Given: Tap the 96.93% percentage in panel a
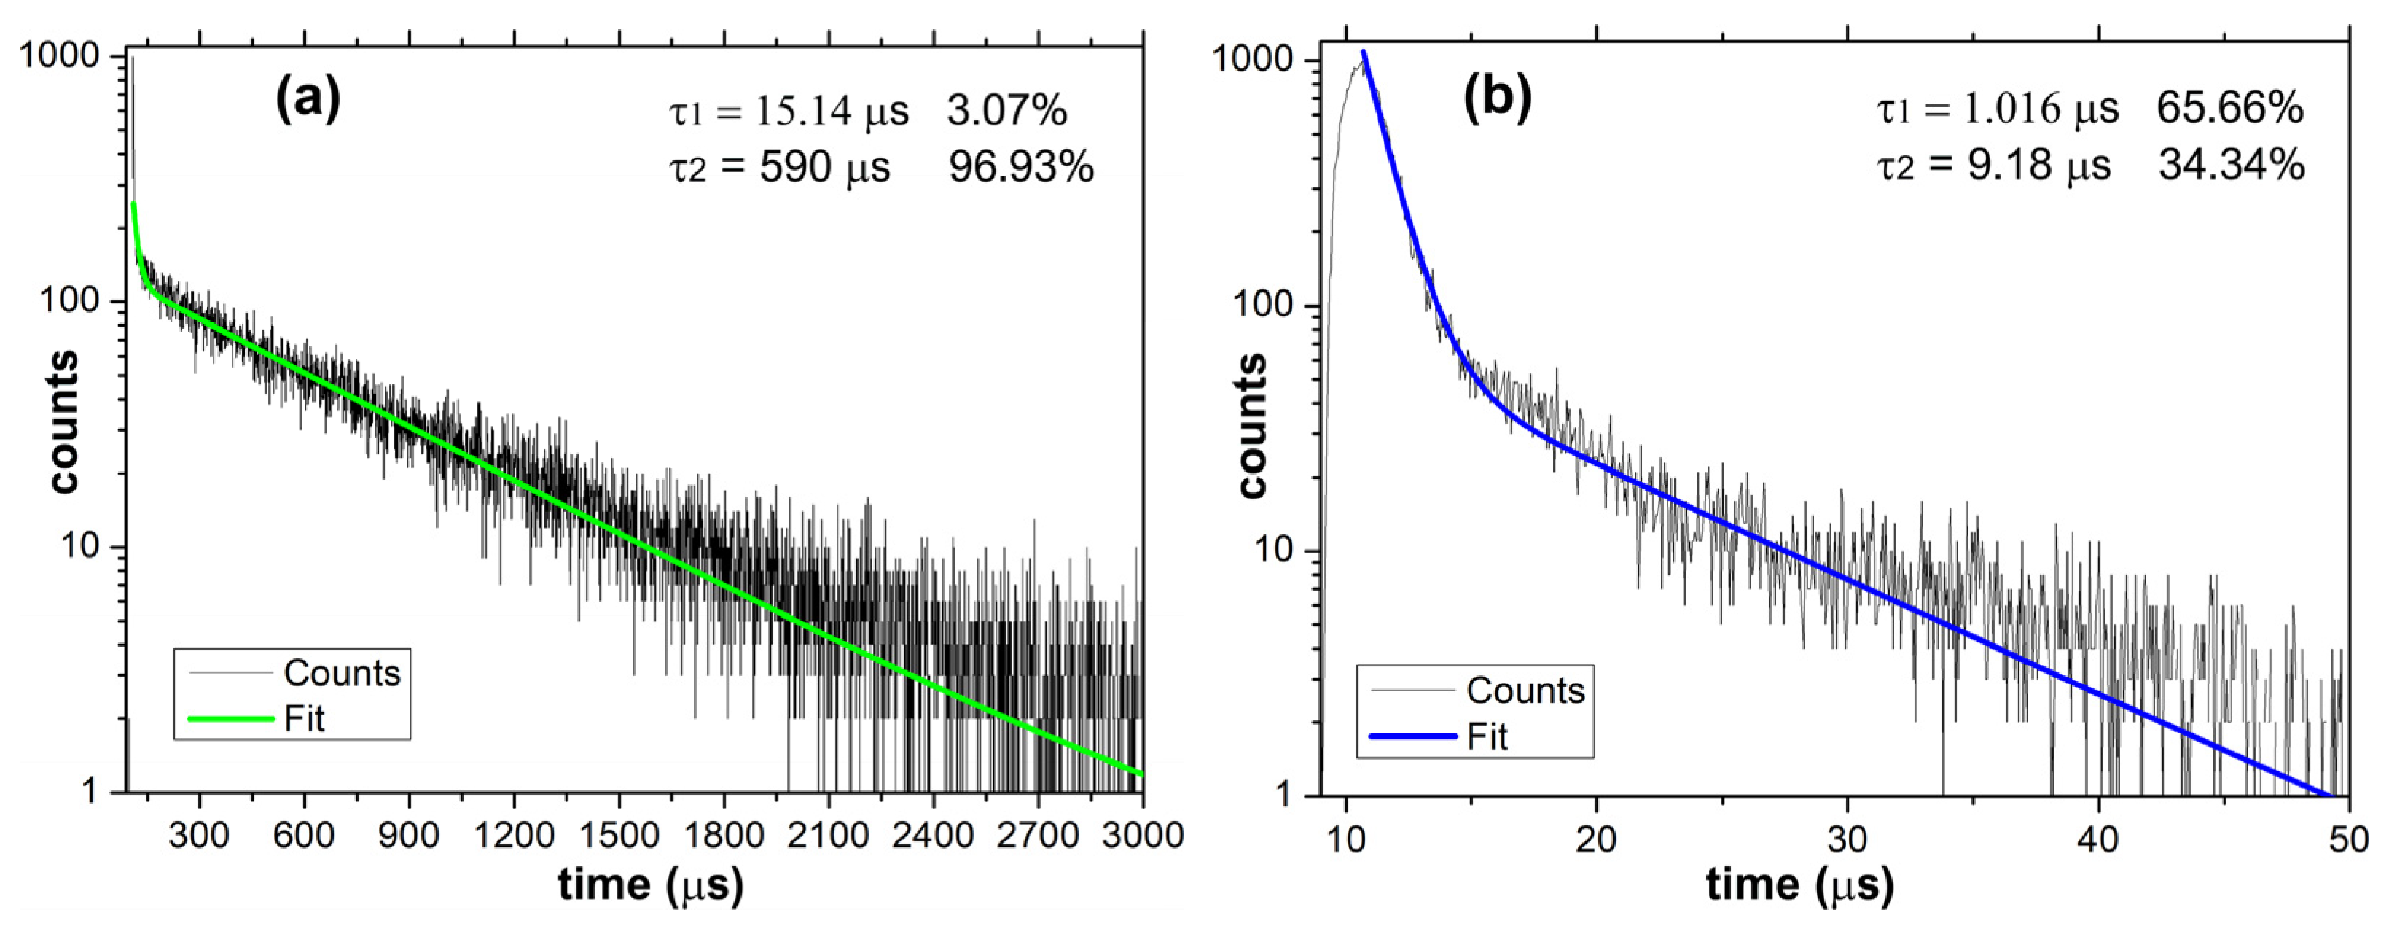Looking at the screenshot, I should pos(1020,167).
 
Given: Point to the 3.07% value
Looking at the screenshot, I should pos(1007,112).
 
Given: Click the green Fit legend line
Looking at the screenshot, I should pos(231,719).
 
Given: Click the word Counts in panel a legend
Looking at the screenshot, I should pos(341,672).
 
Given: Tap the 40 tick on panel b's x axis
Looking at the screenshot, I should pos(2097,839).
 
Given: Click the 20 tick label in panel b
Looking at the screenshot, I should pos(1596,839).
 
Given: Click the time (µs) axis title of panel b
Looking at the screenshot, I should pos(1799,885).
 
